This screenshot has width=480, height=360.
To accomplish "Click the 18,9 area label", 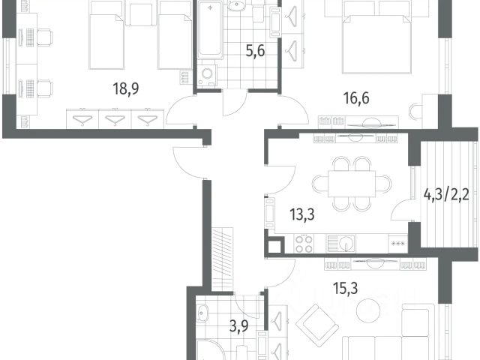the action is (126, 88).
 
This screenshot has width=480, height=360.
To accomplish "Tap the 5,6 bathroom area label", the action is (255, 50).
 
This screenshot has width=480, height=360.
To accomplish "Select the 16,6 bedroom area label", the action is (356, 98).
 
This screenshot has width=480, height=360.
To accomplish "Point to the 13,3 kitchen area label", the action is (302, 214).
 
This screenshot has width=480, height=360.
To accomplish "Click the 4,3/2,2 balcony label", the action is (446, 194).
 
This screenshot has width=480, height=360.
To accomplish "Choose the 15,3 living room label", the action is (345, 288).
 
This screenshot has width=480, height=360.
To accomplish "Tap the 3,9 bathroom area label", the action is (239, 327).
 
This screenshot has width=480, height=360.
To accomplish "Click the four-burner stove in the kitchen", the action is (304, 244).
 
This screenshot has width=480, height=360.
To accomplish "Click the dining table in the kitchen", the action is (352, 184).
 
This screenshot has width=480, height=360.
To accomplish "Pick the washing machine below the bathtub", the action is (207, 74).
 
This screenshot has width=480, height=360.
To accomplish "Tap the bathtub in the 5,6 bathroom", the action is (210, 30).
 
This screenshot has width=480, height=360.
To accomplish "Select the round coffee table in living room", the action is (368, 310).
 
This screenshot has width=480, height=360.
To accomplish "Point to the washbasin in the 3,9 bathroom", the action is (202, 313).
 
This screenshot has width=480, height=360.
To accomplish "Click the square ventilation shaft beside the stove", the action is (274, 247).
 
